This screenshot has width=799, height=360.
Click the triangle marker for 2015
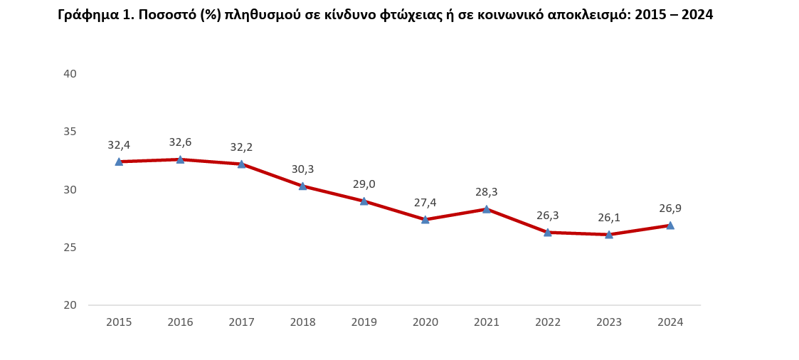[x=119, y=162]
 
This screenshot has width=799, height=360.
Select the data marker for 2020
[x=425, y=219]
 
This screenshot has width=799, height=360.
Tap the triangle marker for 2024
[x=670, y=225]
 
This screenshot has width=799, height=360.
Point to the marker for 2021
[x=487, y=209]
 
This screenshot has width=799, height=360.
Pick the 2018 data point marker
[x=302, y=186]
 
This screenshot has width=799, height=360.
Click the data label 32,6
[x=180, y=142]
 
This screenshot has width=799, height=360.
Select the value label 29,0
[x=364, y=184]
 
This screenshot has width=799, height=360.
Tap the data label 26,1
[x=609, y=218]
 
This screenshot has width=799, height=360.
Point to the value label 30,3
[x=302, y=169]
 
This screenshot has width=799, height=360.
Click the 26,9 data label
[x=670, y=208]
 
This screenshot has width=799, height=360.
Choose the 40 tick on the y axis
[x=70, y=73]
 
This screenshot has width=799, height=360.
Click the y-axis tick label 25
[x=70, y=248]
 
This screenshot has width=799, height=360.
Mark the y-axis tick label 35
[x=70, y=132]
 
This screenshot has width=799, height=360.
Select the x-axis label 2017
[x=241, y=322]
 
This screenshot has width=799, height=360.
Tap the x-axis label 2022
[x=548, y=322]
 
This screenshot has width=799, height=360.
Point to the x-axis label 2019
[x=364, y=322]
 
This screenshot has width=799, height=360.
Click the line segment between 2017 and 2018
[x=272, y=175]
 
